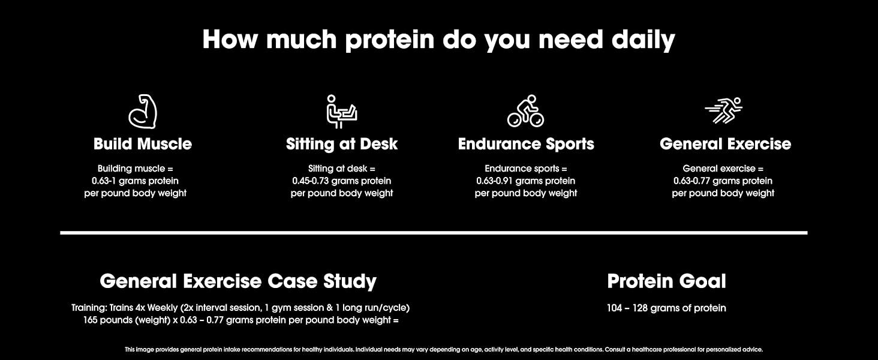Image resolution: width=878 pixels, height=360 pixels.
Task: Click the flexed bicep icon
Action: (143, 112)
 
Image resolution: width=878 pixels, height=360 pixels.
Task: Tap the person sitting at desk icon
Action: (342, 112)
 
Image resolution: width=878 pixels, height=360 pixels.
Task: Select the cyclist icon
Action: (525, 111)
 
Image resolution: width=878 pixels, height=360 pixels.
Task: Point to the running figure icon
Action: (723, 110)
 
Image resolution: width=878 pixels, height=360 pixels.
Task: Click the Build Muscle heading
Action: (143, 144)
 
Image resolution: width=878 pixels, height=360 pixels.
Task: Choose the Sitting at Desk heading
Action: (342, 144)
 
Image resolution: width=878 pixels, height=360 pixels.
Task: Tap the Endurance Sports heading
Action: (526, 144)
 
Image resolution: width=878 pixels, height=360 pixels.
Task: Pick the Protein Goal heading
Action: (666, 281)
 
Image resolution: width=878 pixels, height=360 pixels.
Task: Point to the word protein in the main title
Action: (390, 40)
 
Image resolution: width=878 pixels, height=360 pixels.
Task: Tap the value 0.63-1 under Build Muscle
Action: (104, 181)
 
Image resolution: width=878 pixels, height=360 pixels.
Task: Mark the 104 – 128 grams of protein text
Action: (666, 308)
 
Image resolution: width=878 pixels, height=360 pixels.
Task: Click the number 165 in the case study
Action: (90, 320)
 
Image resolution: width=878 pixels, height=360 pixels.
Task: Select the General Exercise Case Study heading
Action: (238, 281)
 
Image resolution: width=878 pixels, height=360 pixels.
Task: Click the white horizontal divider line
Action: (434, 233)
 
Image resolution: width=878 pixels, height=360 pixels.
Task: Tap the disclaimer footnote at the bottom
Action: (444, 349)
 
